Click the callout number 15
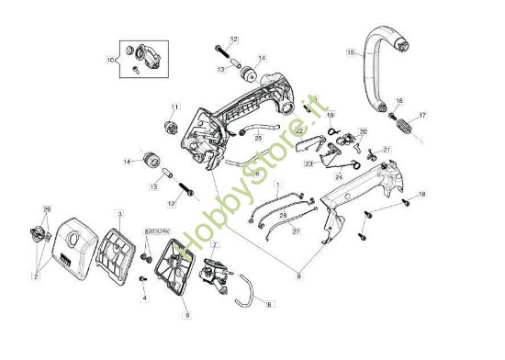click(x=350, y=54)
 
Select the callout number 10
click(x=111, y=61)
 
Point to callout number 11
click(x=174, y=107)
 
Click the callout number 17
click(x=422, y=116)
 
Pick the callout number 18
click(x=422, y=195)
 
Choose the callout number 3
click(x=118, y=213)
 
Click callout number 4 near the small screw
click(x=144, y=298)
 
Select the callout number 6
click(x=186, y=315)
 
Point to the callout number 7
click(x=215, y=245)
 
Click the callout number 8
click(x=269, y=304)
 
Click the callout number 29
click(x=48, y=209)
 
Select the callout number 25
click(x=258, y=138)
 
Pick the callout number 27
click(x=297, y=231)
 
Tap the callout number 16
click(x=399, y=100)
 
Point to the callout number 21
click(x=387, y=150)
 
